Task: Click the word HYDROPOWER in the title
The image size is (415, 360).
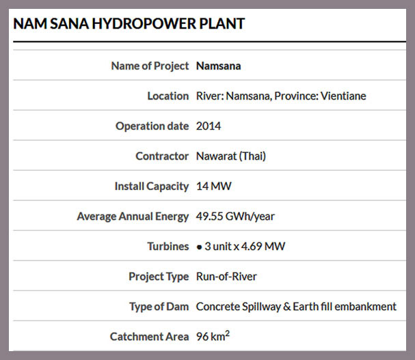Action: tap(144, 23)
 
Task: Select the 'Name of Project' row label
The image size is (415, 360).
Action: tap(150, 66)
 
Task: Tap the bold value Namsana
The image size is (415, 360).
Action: tap(218, 66)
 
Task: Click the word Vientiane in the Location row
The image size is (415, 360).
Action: tap(343, 96)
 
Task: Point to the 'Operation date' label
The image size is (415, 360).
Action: tap(152, 126)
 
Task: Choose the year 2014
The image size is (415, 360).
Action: tap(209, 126)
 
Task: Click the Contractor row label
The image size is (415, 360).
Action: tap(162, 156)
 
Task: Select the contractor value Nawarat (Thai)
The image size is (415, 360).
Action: tap(231, 156)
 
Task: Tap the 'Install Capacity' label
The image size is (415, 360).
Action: tap(152, 186)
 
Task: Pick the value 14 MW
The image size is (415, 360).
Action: tap(213, 186)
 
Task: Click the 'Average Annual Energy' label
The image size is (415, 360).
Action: tap(133, 217)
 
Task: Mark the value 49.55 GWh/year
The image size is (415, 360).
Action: tap(235, 217)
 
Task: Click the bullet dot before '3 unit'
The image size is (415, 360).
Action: tap(199, 247)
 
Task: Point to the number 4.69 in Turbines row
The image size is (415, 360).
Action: tap(252, 247)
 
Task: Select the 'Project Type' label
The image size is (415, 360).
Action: tap(159, 277)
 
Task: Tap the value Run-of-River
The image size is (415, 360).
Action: tap(226, 277)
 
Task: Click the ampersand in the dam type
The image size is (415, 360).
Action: tap(287, 307)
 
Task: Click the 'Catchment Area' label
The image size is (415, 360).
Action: tap(150, 337)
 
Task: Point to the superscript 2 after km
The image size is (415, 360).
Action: tap(228, 333)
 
